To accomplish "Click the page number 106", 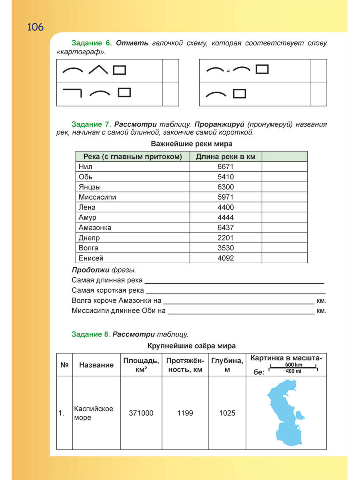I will tap(36, 27).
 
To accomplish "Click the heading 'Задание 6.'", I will tap(91, 43).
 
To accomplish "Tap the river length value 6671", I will tap(226, 167).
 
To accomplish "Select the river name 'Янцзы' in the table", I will tap(90, 187).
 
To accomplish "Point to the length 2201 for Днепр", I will tap(226, 238).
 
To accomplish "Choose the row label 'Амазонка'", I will tap(95, 228).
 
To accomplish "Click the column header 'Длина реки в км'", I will tap(226, 156).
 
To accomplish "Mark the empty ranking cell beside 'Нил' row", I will tap(284, 167).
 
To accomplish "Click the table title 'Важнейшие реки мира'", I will tap(192, 144).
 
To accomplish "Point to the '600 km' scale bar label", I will tap(294, 365).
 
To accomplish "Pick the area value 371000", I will tap(141, 413).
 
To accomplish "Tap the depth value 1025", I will tap(227, 413).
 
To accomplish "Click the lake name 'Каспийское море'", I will tap(94, 413).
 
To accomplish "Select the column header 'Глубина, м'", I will tap(227, 365).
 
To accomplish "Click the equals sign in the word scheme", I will tap(228, 71).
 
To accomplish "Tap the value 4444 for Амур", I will tap(226, 218).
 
